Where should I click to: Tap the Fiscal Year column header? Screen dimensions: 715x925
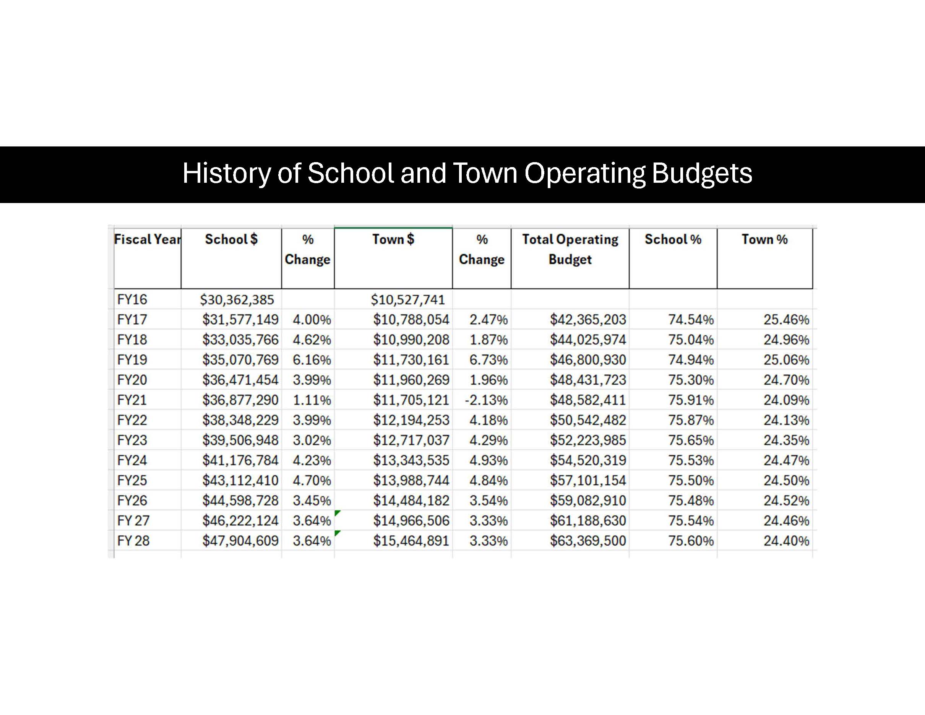pyautogui.click(x=147, y=240)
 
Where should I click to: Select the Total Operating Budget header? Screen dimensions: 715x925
pyautogui.click(x=570, y=250)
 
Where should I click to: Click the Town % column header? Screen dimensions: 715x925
pyautogui.click(x=764, y=240)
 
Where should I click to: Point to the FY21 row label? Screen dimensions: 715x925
pyautogui.click(x=132, y=400)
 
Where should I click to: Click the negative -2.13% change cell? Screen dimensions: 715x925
pyautogui.click(x=486, y=400)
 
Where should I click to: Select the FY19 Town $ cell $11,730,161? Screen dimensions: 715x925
pyautogui.click(x=411, y=360)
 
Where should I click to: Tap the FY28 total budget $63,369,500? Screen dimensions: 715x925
pyautogui.click(x=587, y=541)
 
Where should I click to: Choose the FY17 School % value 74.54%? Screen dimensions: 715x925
pyautogui.click(x=691, y=320)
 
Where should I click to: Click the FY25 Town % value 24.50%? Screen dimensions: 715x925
pyautogui.click(x=786, y=481)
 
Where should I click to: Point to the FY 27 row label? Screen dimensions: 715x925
pyautogui.click(x=133, y=521)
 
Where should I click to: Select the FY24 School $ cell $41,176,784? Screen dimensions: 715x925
pyautogui.click(x=240, y=460)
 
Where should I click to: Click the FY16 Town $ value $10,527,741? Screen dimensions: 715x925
pyautogui.click(x=407, y=300)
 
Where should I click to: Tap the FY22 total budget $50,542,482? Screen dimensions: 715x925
pyautogui.click(x=587, y=420)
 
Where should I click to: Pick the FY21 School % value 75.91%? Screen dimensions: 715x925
pyautogui.click(x=691, y=400)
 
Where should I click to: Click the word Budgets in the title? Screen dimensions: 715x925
pyautogui.click(x=701, y=174)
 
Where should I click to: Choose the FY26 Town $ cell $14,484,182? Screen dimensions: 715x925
pyautogui.click(x=411, y=500)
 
